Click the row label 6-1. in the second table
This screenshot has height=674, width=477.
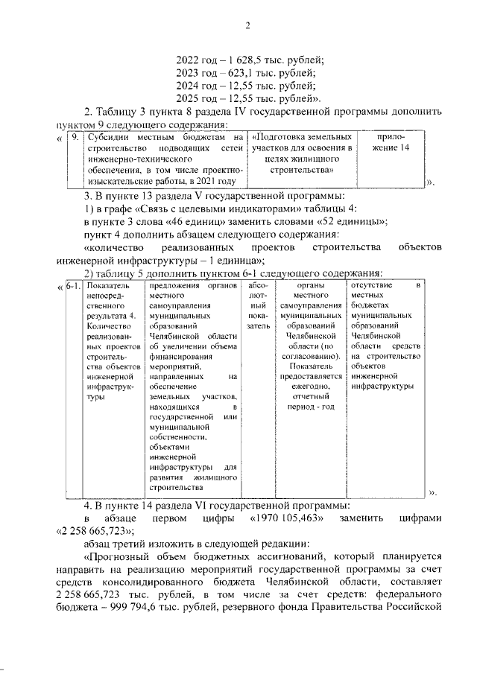[73, 286]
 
